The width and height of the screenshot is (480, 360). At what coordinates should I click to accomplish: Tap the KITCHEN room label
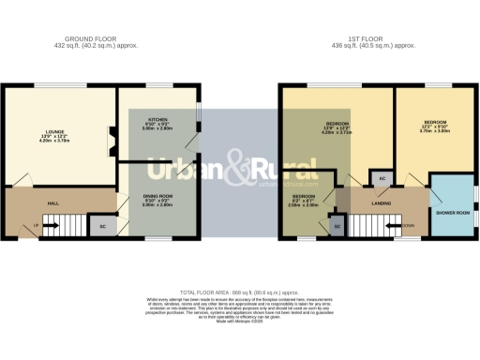[x=157, y=120]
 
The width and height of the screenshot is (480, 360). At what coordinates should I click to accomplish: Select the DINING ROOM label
[x=157, y=195]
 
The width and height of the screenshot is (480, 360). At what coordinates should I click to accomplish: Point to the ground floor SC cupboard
[x=102, y=225]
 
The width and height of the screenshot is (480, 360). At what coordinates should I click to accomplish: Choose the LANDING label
[x=382, y=202]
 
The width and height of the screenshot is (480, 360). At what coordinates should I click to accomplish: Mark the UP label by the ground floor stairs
[x=36, y=226]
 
